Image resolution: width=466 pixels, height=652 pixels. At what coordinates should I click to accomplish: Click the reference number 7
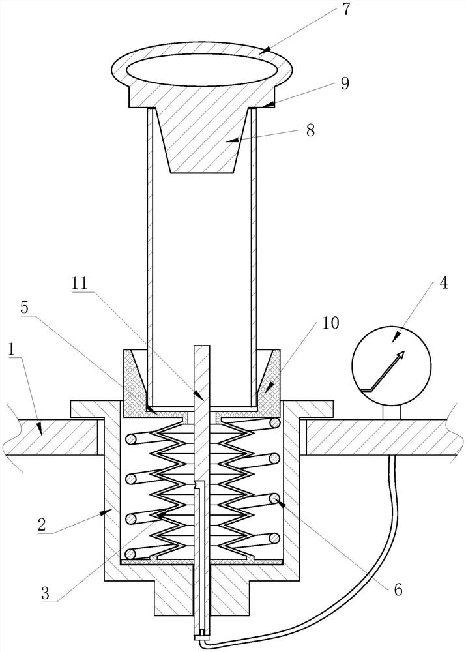[347, 10]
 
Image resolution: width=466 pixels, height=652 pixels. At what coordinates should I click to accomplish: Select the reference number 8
[310, 130]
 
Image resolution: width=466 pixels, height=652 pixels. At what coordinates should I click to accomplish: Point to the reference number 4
[444, 284]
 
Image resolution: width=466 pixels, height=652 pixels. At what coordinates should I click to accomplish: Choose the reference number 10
[331, 322]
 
